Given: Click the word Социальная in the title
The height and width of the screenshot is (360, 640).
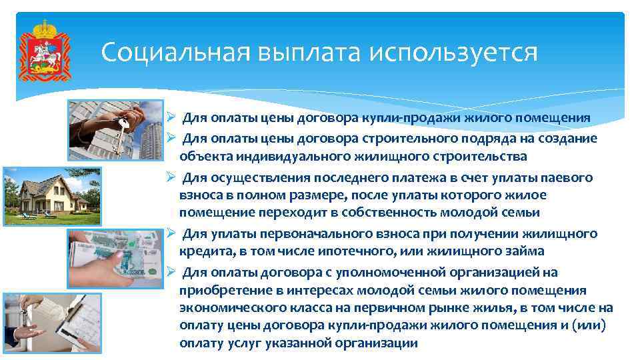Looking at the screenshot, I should point(166,51).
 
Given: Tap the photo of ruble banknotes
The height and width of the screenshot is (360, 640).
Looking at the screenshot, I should point(115,259).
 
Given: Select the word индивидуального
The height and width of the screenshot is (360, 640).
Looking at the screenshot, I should point(275,157).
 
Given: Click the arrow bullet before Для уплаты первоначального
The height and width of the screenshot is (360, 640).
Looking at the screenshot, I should point(171,233).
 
